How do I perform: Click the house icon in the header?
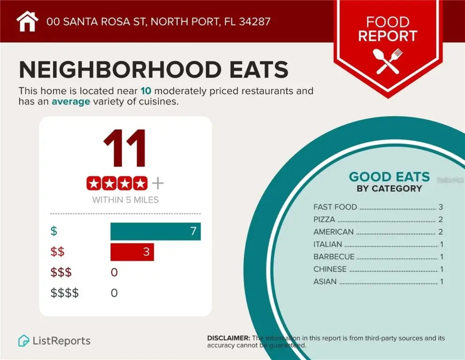tap(27, 21)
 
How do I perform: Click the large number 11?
tap(125, 149)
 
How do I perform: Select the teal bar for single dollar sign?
tap(155, 231)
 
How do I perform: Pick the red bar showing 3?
tap(132, 252)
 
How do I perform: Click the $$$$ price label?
tap(65, 293)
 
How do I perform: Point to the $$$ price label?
tap(61, 272)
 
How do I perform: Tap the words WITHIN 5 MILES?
tap(125, 200)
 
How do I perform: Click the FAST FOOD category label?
tap(335, 207)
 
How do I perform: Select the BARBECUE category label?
tap(334, 257)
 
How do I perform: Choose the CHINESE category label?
tap(330, 269)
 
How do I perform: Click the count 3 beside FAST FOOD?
tap(441, 207)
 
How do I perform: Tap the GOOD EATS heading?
tap(389, 177)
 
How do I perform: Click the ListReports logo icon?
tap(23, 341)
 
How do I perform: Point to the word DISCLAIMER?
tap(229, 338)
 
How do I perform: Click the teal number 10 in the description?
tap(146, 91)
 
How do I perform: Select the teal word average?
tap(70, 102)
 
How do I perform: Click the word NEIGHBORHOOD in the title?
tap(120, 70)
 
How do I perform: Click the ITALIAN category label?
tap(328, 244)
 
